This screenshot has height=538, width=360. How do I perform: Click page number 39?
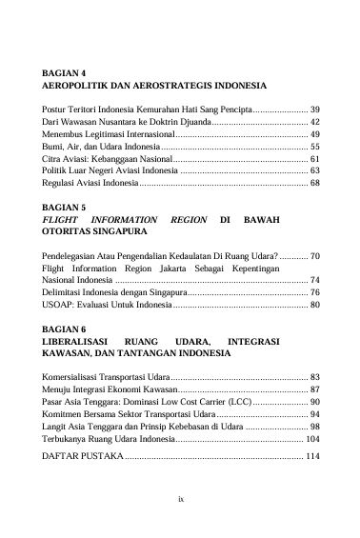pos(314,110)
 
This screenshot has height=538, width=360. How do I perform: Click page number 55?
pos(314,148)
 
